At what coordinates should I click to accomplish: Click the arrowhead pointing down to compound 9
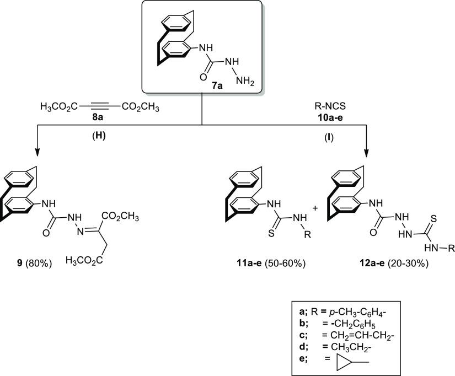click(38, 153)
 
